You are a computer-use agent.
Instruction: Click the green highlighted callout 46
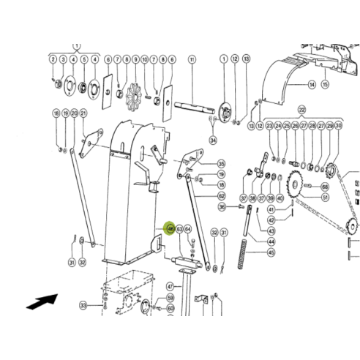pos(170,229)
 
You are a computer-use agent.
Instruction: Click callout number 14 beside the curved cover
pos(311,86)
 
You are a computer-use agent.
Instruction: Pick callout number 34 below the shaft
pos(213,140)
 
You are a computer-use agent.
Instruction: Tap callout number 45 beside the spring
pos(271,253)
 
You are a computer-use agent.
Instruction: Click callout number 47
pos(169,286)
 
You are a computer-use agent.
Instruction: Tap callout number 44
pos(271,241)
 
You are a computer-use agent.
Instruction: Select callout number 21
pos(83,113)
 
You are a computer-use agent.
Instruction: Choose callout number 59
pos(170,298)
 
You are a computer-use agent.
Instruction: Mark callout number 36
pos(222,207)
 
